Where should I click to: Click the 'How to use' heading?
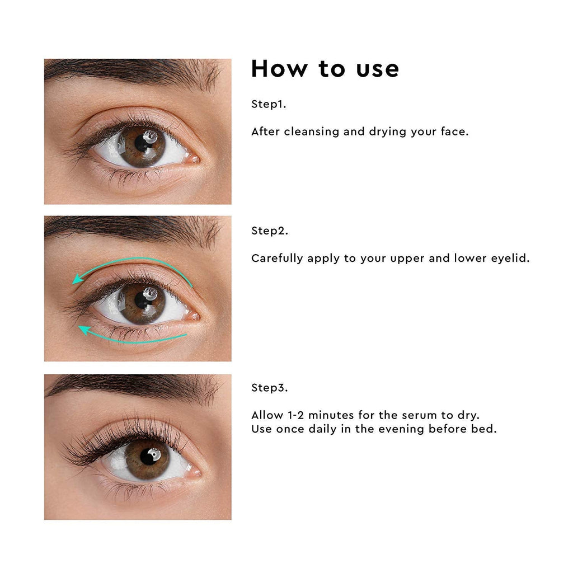325,68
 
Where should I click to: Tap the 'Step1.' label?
269,104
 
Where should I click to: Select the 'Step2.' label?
270,231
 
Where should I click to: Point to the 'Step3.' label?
270,387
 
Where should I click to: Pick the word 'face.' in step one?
454,131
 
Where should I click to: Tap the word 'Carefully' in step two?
277,259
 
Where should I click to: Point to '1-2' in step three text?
295,415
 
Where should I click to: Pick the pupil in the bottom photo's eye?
148,457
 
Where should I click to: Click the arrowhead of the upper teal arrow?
77,280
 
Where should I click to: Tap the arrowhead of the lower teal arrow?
84,330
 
